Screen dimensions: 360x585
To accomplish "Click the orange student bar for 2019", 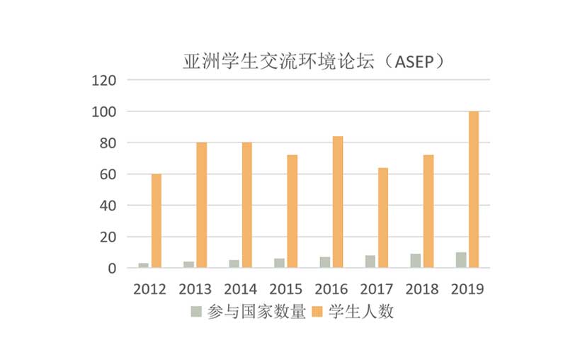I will [x=474, y=189].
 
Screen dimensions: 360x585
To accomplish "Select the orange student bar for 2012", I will [x=157, y=220].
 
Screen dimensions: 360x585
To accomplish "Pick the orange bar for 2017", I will [x=383, y=218].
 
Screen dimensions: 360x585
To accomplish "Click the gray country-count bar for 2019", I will [x=461, y=260].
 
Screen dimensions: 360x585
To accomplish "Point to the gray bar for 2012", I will [x=144, y=265].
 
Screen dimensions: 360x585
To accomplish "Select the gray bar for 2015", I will [x=280, y=263].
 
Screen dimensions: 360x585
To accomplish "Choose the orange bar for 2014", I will [x=247, y=205].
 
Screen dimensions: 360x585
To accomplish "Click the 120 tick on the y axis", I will [x=104, y=81].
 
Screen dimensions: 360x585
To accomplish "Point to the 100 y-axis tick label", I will [x=104, y=112].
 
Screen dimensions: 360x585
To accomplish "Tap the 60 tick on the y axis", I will [x=108, y=174].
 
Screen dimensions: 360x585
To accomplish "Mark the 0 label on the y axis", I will [x=112, y=269].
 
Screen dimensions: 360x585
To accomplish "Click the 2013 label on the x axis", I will [x=195, y=289].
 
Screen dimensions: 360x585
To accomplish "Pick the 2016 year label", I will [x=331, y=289].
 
